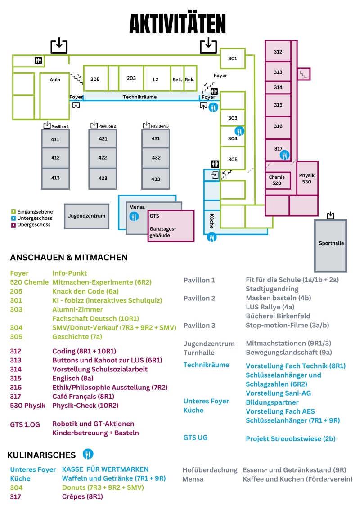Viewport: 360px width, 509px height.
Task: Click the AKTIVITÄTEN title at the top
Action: coord(178,24)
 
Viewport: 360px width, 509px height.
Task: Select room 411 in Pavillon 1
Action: coord(55,139)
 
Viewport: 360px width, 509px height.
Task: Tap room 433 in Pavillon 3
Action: coord(156,179)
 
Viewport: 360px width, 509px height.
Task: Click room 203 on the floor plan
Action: coord(131,78)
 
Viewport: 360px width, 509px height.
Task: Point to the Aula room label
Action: coord(55,80)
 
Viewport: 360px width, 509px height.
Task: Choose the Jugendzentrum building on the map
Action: coord(86,216)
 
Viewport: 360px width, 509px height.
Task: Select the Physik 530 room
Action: coord(307,178)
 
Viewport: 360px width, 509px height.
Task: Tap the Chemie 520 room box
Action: coord(277,180)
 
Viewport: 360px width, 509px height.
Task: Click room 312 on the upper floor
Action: coord(278,52)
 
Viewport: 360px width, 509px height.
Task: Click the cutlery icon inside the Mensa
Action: coord(134,217)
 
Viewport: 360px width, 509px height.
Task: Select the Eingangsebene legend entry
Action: coord(32,211)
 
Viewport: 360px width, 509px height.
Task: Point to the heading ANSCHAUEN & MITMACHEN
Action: coord(69,258)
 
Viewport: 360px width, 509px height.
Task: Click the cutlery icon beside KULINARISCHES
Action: coord(88,454)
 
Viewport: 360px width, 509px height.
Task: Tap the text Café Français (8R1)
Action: coord(83,396)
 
